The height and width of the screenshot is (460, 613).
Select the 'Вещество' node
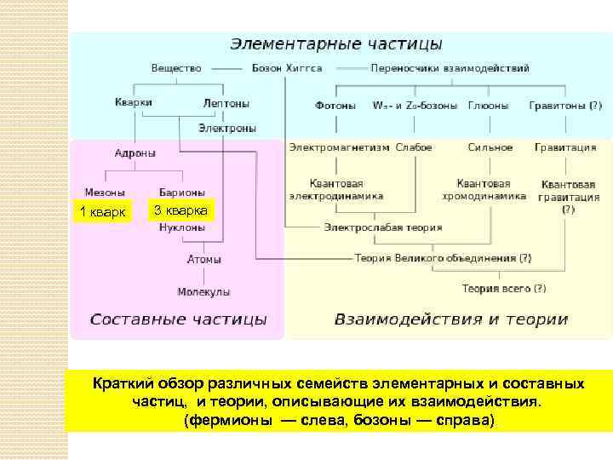pyautogui.click(x=176, y=68)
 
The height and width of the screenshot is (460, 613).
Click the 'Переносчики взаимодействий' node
pyautogui.click(x=450, y=68)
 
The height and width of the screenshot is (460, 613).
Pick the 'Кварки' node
pyautogui.click(x=133, y=102)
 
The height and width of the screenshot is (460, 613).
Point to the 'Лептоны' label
pyautogui.click(x=226, y=103)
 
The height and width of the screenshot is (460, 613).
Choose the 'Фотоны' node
pyautogui.click(x=335, y=106)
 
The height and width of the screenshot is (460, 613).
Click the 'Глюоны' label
pyautogui.click(x=488, y=106)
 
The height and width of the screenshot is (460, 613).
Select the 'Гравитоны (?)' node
pyautogui.click(x=564, y=106)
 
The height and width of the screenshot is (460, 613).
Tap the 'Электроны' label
pyautogui.click(x=227, y=128)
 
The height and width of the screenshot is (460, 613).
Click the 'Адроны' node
pyautogui.click(x=135, y=153)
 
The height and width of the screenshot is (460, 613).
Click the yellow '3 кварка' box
pyautogui.click(x=181, y=210)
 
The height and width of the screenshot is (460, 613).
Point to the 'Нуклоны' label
pyautogui.click(x=182, y=228)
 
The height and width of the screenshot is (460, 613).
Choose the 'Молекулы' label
pyautogui.click(x=203, y=291)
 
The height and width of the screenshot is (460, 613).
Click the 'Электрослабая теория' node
pyautogui.click(x=382, y=228)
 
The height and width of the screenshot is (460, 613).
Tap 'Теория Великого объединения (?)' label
pyautogui.click(x=444, y=257)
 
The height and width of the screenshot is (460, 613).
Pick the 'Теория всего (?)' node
pyautogui.click(x=504, y=289)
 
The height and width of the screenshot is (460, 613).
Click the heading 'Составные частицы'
pyautogui.click(x=178, y=320)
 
